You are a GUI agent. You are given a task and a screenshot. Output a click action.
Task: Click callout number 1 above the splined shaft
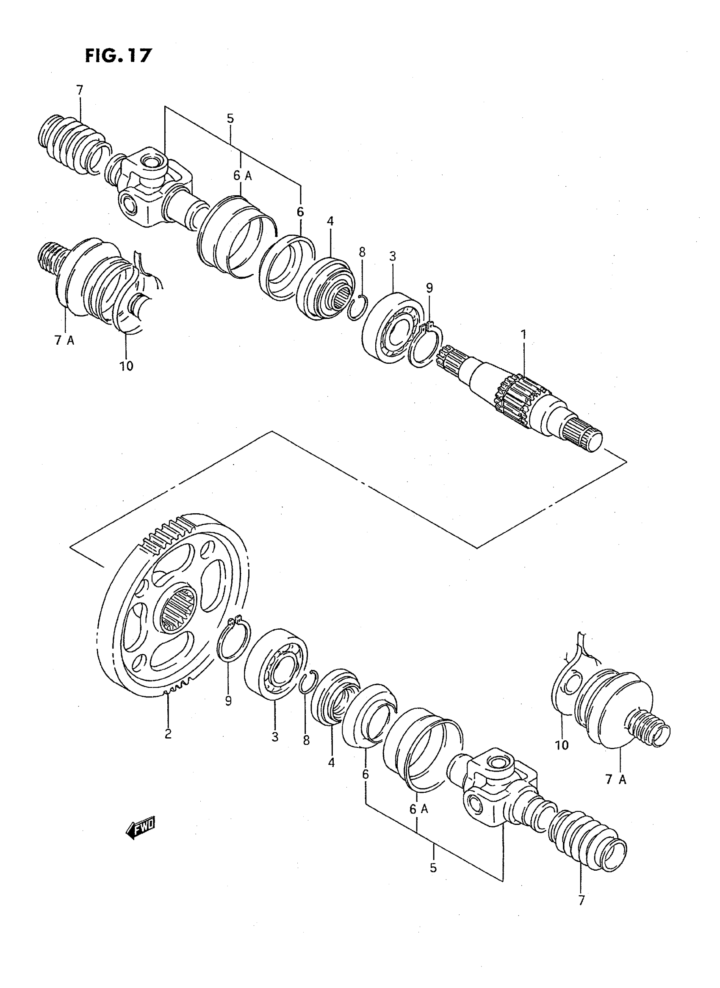pos(523,335)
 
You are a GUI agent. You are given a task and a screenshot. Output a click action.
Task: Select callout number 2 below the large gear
pos(168,734)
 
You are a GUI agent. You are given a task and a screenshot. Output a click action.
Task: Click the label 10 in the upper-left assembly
pos(126,366)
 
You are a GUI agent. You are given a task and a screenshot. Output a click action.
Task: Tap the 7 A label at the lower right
pos(615,779)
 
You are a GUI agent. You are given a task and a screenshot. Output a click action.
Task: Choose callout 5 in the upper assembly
pos(230,118)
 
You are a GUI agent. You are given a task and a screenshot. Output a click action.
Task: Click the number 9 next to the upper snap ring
pos(429,288)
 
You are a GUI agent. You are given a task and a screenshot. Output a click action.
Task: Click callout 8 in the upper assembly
pos(362,252)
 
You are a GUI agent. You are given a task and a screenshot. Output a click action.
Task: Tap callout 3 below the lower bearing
pos(274,737)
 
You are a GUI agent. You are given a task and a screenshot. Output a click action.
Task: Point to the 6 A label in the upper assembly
pos(242,176)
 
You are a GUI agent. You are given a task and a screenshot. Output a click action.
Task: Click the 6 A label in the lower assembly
pos(419,809)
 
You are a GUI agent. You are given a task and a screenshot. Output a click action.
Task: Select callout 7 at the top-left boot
pos(79,90)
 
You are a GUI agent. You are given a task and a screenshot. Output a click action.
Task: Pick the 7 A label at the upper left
pos(64,340)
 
